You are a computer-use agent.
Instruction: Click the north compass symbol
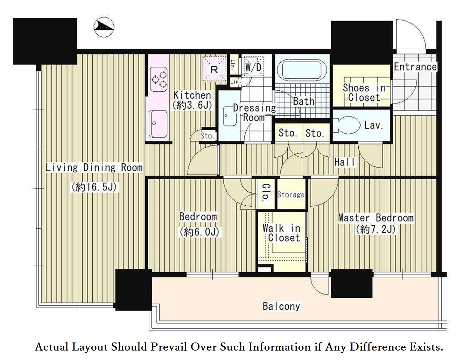pyautogui.click(x=104, y=27)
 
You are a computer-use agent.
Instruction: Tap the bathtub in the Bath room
pyautogui.click(x=302, y=70)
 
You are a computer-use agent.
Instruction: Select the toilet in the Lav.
pyautogui.click(x=347, y=125)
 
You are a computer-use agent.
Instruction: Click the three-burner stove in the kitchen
pyautogui.click(x=159, y=79)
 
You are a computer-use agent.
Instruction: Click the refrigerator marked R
pyautogui.click(x=214, y=69)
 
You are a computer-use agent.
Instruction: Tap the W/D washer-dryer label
pyautogui.click(x=253, y=67)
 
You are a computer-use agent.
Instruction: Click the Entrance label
pyautogui.click(x=415, y=67)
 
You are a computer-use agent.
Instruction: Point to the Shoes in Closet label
pyautogui.click(x=364, y=93)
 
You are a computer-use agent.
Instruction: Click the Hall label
pyautogui.click(x=344, y=162)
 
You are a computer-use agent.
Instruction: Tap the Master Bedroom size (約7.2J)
pyautogui.click(x=376, y=230)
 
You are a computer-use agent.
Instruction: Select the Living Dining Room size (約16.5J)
pyautogui.click(x=94, y=187)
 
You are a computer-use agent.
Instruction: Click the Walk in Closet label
pyautogui.click(x=282, y=233)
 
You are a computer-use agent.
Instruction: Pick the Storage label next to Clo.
pyautogui.click(x=291, y=195)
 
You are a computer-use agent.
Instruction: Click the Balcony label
pyautogui.click(x=281, y=306)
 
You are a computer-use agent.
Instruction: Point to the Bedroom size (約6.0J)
pyautogui.click(x=199, y=232)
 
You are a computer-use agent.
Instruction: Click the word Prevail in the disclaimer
pyautogui.click(x=169, y=347)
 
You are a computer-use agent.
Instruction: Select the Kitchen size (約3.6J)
pyautogui.click(x=192, y=105)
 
